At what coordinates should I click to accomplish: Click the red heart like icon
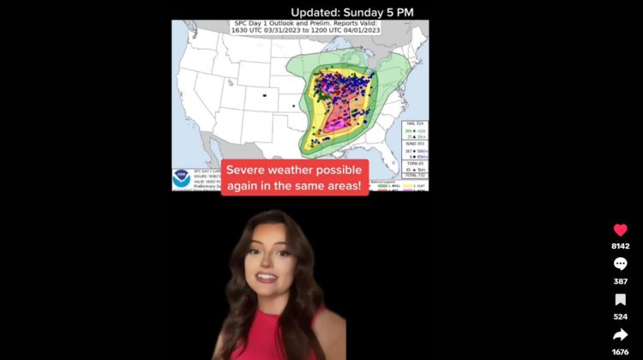[x=620, y=230]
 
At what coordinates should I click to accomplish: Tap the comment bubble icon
[x=620, y=264]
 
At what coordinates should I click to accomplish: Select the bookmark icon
[x=620, y=300]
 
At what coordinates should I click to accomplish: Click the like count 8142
[x=620, y=246]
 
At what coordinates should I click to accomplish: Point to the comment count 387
[x=620, y=281]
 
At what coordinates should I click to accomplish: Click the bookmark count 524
[x=620, y=316]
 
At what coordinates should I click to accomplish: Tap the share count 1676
[x=620, y=351]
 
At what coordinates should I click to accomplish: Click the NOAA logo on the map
[x=181, y=178]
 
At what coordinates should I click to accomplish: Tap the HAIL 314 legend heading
[x=414, y=123]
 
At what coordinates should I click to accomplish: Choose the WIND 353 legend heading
[x=414, y=144]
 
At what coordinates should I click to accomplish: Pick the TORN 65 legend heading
[x=414, y=164]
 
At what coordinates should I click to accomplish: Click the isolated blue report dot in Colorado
[x=264, y=94]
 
